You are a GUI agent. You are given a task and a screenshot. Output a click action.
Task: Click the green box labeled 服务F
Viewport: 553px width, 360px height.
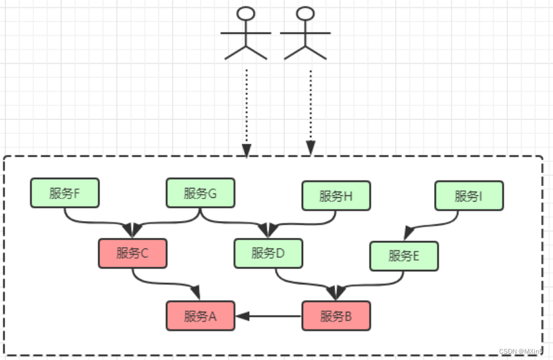tap(65, 193)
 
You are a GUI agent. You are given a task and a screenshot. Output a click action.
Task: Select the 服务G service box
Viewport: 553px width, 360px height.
tap(200, 193)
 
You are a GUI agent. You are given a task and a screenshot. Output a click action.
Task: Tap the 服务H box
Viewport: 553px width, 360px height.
tap(336, 196)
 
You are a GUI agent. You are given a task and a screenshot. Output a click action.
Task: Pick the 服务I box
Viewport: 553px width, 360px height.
tap(469, 196)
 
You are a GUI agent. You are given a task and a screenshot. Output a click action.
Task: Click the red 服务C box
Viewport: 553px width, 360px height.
tap(132, 253)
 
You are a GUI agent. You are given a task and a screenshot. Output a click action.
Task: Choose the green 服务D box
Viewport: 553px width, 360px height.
tap(268, 253)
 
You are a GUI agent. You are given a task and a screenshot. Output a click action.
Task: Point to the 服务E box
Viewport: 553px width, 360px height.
tap(404, 256)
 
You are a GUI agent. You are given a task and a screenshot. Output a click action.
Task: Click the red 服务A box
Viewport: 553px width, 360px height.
tap(200, 316)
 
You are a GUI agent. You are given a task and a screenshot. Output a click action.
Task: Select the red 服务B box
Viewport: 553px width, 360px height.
tap(336, 316)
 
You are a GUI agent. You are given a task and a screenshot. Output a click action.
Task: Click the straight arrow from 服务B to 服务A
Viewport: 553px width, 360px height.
tap(269, 316)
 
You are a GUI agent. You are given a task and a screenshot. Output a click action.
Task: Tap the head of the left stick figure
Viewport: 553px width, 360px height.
tap(247, 14)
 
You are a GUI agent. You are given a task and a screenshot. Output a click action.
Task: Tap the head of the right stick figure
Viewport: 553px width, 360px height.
tap(305, 14)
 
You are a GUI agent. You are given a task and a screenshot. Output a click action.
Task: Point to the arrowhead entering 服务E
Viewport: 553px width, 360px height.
tap(408, 234)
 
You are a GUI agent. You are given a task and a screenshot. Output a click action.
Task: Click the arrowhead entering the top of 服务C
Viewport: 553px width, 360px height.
tap(133, 229)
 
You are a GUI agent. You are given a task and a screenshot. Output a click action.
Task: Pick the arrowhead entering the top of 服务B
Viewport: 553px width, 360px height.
tap(336, 292)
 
